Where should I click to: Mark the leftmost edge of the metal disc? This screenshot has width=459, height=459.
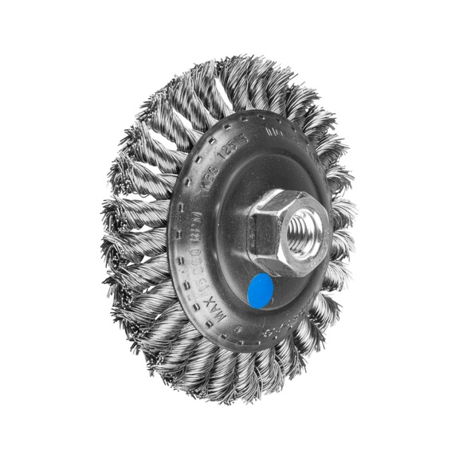click(x=168, y=239)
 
